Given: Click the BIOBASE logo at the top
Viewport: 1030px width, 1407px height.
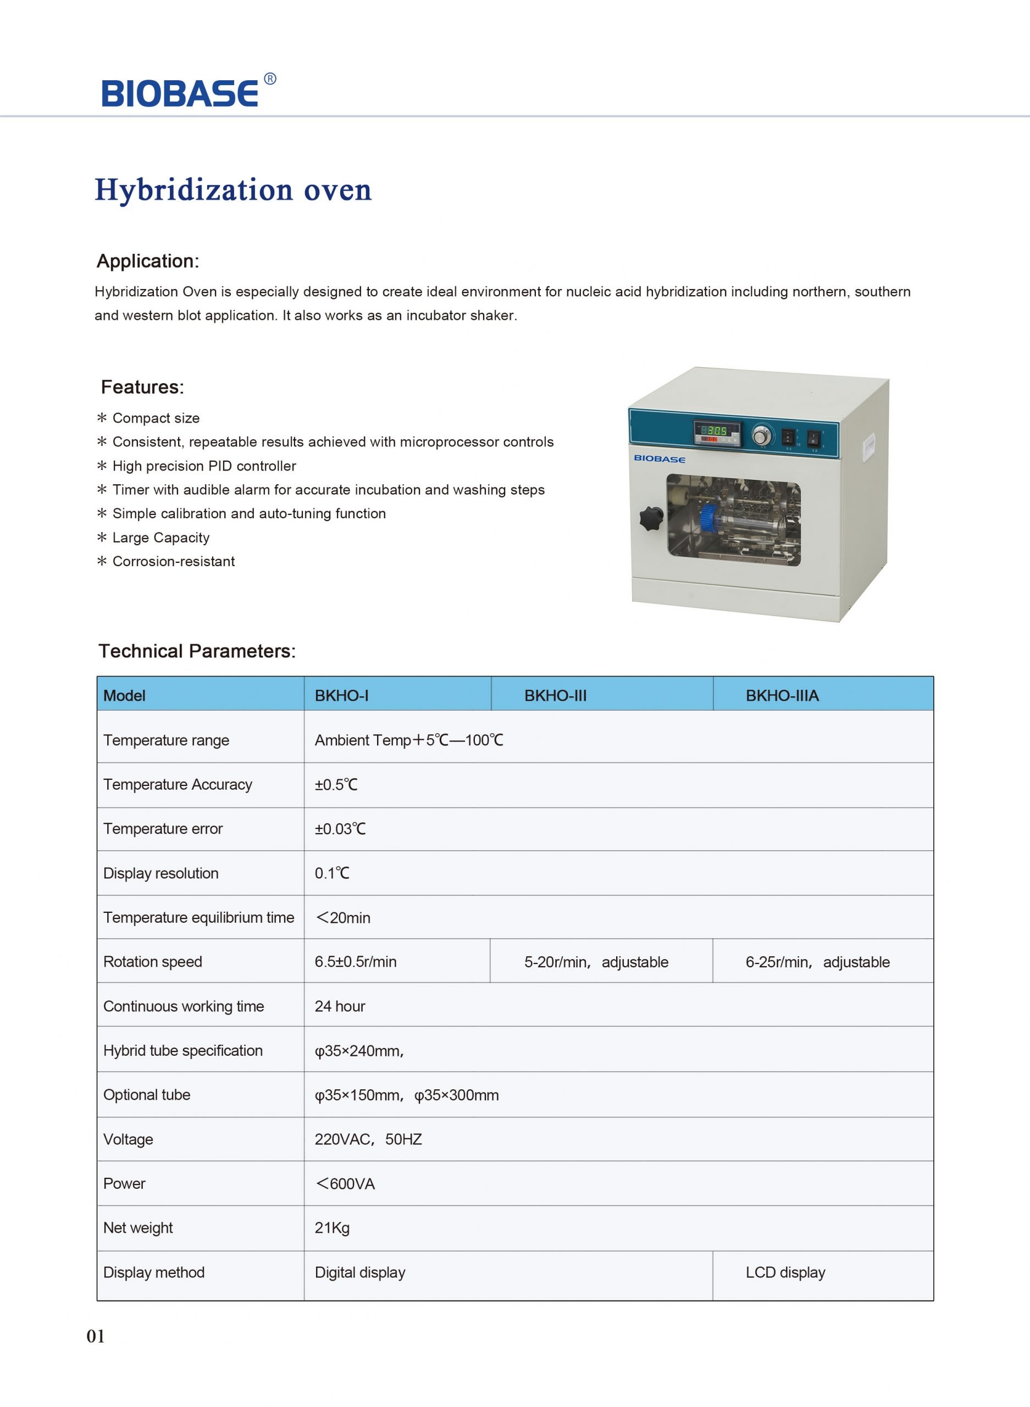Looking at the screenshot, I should point(180,93).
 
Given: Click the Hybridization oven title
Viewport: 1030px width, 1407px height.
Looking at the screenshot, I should point(232,190).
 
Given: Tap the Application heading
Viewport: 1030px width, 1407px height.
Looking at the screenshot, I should point(148,261).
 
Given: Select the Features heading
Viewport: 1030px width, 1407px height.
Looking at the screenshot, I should point(142,387).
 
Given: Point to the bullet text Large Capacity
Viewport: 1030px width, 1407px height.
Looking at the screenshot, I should point(161,538).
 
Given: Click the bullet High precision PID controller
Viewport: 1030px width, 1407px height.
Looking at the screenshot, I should point(204,466).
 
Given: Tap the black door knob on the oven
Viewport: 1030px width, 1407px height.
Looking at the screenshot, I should point(650,519).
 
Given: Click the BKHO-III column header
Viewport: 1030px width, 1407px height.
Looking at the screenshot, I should point(555,696).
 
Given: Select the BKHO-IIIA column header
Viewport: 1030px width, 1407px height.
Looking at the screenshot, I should point(782,696).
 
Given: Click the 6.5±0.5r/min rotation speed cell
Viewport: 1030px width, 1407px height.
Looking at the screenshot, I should point(356,961).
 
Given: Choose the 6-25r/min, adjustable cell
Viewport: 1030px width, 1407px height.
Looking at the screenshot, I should point(817,962).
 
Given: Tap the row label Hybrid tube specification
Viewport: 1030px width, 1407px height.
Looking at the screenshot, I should point(182,1050).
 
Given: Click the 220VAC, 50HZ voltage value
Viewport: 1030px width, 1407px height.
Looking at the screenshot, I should point(368,1139).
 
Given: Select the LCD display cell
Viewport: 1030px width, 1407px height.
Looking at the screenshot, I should point(785,1272).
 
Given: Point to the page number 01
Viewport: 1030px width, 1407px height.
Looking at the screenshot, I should point(96,1336).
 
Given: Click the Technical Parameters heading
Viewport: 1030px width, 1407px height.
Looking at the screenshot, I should point(197,651).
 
